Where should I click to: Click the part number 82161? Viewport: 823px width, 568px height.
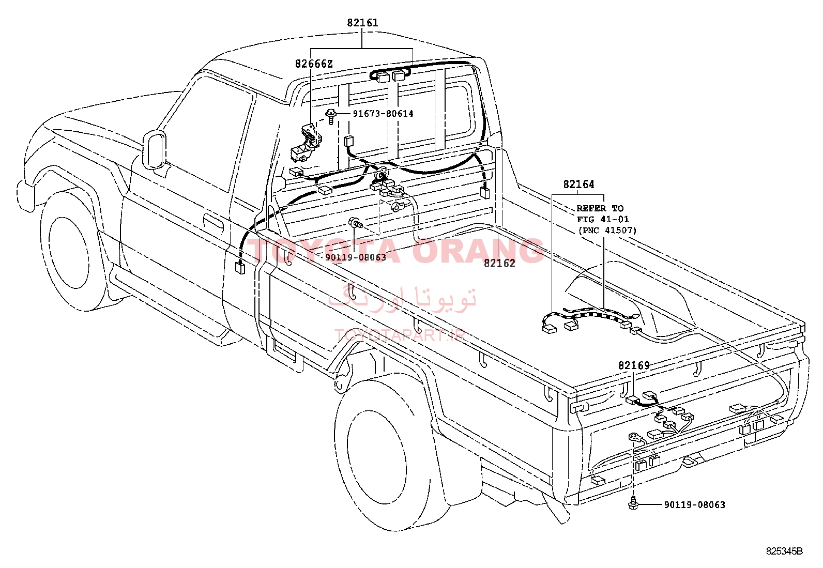tap(362, 23)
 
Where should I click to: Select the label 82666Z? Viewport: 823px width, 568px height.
tap(314, 64)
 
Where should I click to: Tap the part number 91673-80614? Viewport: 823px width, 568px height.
tap(383, 114)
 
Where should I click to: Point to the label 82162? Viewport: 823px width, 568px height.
tap(499, 263)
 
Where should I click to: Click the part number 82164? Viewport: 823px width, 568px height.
tap(578, 184)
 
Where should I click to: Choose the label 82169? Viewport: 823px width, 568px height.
tap(634, 365)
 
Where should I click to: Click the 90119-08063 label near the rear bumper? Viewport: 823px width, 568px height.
tap(694, 505)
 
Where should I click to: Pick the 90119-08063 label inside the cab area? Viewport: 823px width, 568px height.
tap(356, 257)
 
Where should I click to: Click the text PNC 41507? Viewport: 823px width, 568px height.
tap(607, 231)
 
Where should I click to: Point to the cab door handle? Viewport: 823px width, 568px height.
tap(214, 223)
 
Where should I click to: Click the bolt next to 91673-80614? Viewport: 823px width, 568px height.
tap(331, 116)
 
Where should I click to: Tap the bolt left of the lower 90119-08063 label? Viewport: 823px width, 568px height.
tap(632, 503)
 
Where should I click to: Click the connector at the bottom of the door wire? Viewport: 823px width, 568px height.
tap(239, 268)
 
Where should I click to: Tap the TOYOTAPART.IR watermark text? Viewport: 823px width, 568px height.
tap(401, 335)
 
